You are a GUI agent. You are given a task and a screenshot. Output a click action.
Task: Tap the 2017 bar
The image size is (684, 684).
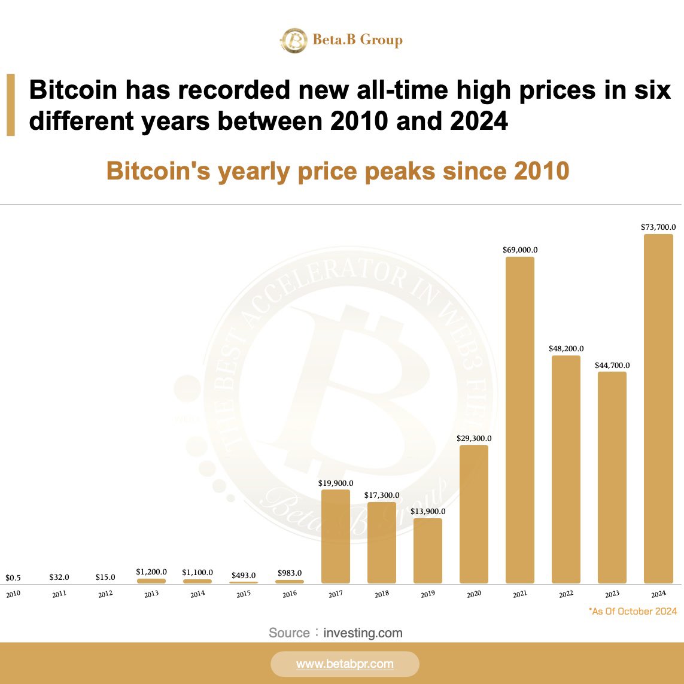click(336, 536)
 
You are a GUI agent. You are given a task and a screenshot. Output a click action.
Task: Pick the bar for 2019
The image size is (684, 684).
click(428, 551)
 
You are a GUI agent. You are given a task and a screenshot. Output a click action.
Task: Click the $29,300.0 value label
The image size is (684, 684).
click(474, 439)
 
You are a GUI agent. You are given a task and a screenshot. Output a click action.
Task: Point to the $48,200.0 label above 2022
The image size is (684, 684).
click(566, 348)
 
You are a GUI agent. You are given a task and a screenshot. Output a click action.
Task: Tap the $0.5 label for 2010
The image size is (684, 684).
click(13, 577)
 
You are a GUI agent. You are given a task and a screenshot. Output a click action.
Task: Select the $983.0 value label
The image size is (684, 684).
click(290, 573)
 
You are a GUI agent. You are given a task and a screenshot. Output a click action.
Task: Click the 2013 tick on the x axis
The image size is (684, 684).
click(151, 594)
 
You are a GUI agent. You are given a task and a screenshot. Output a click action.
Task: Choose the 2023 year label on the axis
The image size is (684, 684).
click(612, 594)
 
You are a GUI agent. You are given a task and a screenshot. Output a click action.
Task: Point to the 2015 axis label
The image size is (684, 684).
click(244, 594)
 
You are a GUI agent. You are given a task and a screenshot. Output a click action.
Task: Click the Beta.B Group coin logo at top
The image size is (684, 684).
click(294, 40)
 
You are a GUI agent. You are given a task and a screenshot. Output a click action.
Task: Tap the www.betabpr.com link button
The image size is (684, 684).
click(345, 664)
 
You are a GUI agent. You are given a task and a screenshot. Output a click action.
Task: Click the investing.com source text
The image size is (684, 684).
click(363, 633)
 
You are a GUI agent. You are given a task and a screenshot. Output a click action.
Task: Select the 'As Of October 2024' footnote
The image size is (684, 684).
click(633, 611)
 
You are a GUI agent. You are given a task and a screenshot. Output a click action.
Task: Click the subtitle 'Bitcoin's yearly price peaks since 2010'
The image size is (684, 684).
click(338, 171)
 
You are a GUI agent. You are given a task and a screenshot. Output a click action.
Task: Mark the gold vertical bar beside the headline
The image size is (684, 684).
click(11, 105)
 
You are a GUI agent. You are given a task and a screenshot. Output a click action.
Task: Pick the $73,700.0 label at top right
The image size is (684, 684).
click(658, 227)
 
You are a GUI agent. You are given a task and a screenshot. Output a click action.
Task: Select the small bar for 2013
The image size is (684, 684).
click(151, 581)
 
